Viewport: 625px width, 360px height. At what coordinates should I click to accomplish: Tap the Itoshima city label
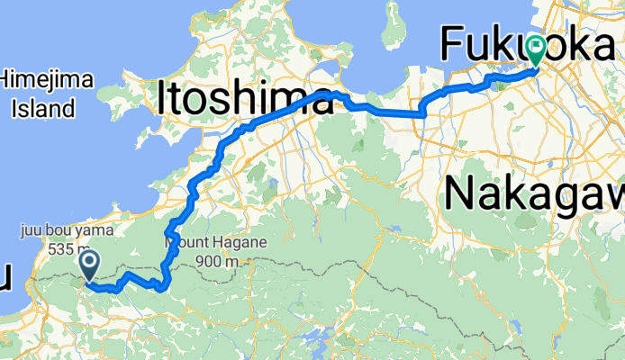(x=244, y=97)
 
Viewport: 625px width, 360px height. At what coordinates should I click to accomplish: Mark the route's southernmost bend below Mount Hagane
(x=160, y=288)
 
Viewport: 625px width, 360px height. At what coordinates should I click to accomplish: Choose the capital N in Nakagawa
(x=461, y=193)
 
